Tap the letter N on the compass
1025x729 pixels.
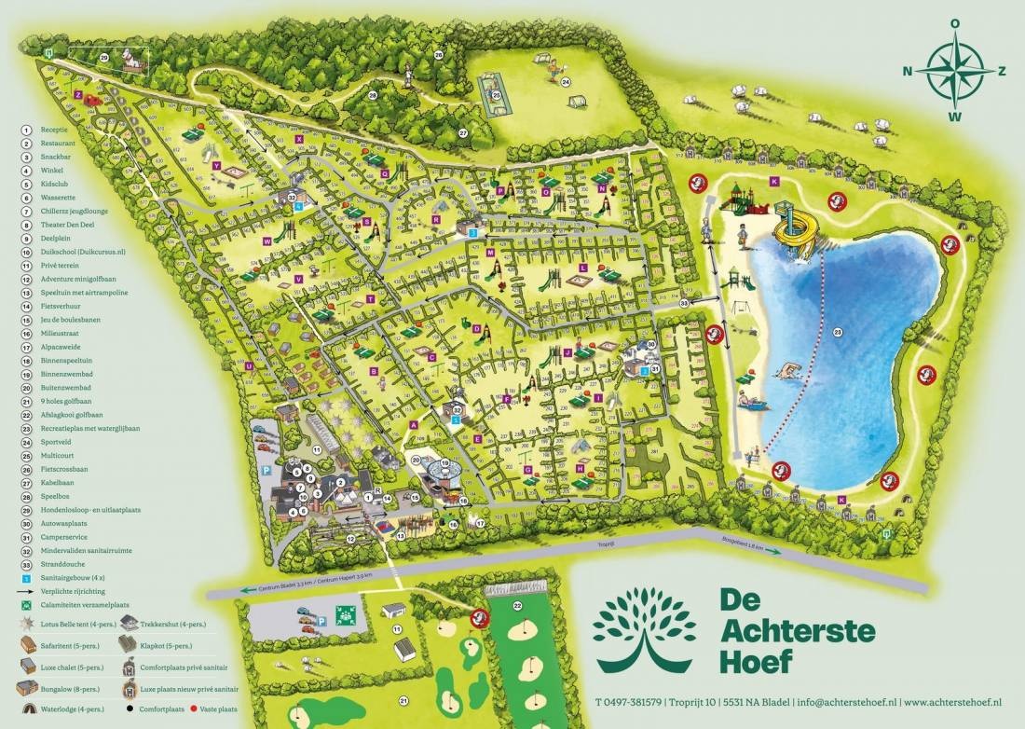[x=908, y=70]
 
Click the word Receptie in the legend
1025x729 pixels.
[x=53, y=130]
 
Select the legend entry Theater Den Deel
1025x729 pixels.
[x=68, y=225]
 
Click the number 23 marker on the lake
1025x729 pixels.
[x=837, y=332]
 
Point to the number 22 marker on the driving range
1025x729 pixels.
[x=517, y=607]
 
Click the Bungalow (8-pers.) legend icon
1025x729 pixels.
[x=26, y=688]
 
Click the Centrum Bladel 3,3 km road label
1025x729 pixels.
[x=275, y=588]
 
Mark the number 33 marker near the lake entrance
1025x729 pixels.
[x=685, y=303]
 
